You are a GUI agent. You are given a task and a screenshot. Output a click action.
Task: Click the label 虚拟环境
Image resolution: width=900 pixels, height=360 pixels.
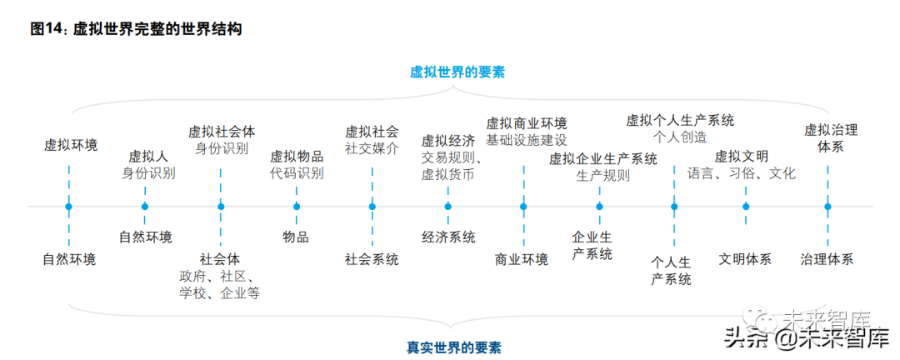[71, 145]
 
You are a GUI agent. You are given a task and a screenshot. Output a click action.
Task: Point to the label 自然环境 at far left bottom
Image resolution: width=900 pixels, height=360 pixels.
[69, 259]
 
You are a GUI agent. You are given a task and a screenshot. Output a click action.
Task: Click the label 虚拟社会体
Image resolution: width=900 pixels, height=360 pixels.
[222, 131]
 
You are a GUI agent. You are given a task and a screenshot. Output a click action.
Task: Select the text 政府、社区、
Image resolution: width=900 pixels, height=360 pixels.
[221, 276]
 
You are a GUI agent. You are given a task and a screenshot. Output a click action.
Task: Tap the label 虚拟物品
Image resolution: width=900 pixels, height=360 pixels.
[297, 156]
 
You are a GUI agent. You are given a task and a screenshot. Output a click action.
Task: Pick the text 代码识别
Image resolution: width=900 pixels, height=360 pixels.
[297, 173]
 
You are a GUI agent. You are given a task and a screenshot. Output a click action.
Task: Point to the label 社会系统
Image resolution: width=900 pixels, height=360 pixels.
[372, 259]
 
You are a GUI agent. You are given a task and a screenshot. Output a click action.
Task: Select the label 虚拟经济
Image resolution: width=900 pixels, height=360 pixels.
[448, 140]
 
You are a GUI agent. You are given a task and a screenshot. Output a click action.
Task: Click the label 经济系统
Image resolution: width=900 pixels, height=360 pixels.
[448, 237]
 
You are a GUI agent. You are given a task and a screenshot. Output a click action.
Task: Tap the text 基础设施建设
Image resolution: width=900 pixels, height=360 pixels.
[526, 140]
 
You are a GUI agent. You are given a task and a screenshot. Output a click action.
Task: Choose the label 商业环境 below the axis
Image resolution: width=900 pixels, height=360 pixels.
[522, 259]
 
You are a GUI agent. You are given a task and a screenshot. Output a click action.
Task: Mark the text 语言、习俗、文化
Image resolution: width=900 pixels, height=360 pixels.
[742, 173]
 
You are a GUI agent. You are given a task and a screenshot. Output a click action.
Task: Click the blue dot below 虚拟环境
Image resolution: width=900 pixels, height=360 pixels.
[69, 206]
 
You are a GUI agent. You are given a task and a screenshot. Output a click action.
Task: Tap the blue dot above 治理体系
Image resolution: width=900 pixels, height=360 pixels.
[827, 206]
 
